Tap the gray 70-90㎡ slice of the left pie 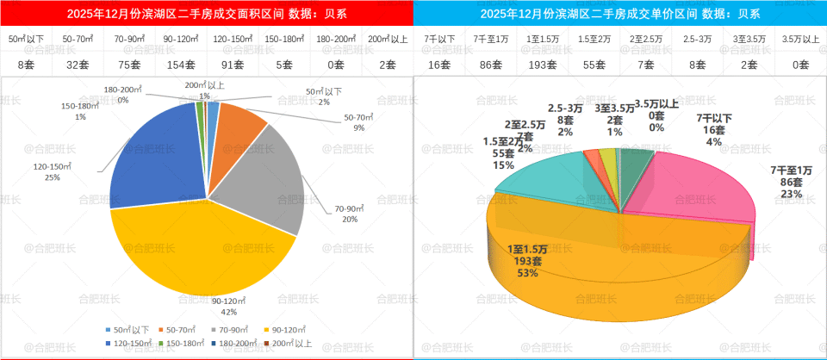[267, 181]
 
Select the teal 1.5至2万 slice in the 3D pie [551, 177]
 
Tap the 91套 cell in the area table [232, 64]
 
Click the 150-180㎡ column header [283, 40]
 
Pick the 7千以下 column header [439, 40]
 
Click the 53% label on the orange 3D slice [528, 273]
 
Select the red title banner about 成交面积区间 [206, 13]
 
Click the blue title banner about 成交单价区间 [619, 13]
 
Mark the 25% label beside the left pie [53, 178]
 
